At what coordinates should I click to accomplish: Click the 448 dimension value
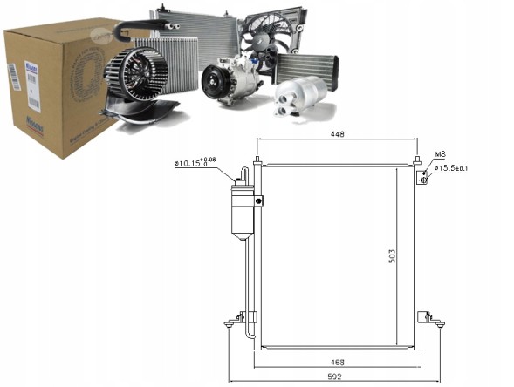click(x=336, y=135)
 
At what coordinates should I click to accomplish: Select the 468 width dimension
click(x=337, y=362)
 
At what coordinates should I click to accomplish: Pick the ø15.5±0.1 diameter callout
click(x=450, y=167)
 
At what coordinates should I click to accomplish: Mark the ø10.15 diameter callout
click(x=196, y=161)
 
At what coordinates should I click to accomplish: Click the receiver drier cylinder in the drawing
click(x=241, y=209)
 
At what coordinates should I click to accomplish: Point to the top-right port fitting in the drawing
click(x=422, y=176)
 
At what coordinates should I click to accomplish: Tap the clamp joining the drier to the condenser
click(x=259, y=201)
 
